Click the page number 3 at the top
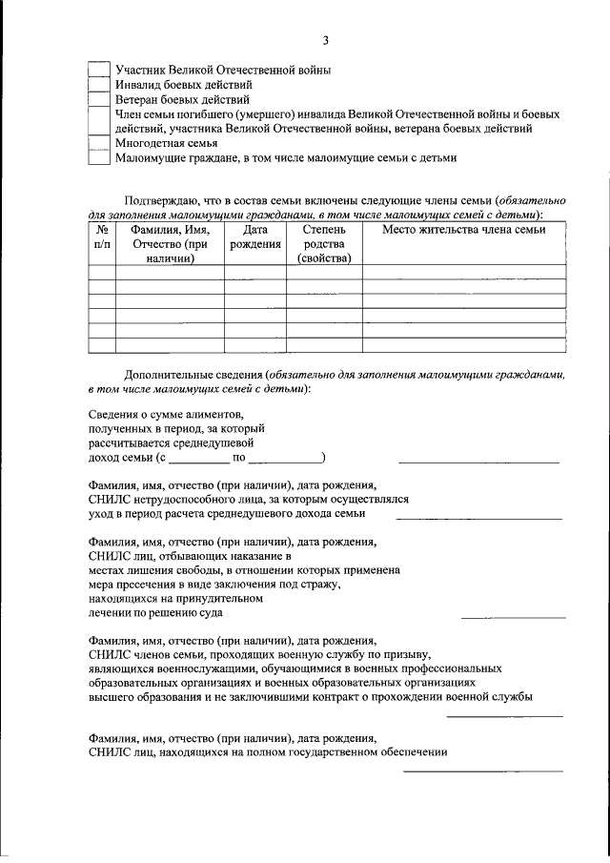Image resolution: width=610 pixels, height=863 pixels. click(325, 40)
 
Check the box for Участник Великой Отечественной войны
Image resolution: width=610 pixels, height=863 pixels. click(99, 70)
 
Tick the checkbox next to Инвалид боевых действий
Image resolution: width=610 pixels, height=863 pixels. click(99, 84)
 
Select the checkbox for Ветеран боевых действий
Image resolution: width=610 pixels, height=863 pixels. click(99, 98)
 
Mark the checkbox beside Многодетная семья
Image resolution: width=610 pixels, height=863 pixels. click(99, 142)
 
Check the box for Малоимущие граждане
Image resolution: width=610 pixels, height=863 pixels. click(99, 157)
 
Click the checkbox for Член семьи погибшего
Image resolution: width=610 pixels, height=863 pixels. click(99, 120)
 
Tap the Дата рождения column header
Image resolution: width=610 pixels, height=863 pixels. click(255, 236)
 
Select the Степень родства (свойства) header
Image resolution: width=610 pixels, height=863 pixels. click(324, 243)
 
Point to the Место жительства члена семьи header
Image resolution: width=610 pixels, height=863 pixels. click(463, 230)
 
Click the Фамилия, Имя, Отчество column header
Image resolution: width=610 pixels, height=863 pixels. click(170, 243)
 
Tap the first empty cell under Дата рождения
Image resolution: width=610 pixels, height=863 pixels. click(255, 272)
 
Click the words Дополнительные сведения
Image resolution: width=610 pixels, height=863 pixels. click(194, 376)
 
